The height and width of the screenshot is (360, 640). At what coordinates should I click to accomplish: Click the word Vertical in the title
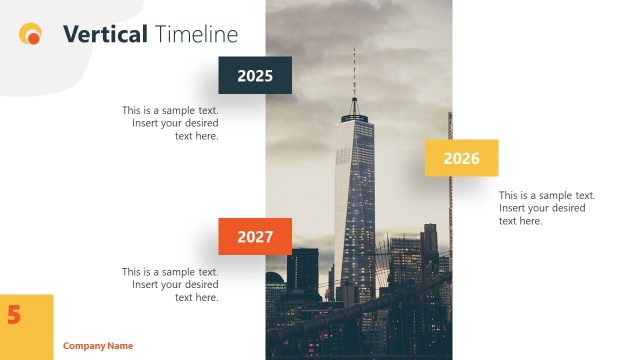(x=105, y=35)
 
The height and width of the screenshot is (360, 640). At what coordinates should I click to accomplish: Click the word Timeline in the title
(x=196, y=35)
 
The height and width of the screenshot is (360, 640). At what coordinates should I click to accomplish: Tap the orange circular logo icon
(x=31, y=35)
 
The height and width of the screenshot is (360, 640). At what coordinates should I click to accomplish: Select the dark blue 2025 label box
(x=255, y=75)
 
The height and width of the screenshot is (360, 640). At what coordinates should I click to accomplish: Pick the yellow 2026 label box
(x=461, y=158)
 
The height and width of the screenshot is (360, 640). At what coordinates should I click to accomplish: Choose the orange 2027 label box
(x=255, y=236)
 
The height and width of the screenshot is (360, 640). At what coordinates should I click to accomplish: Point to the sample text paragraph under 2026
(x=547, y=208)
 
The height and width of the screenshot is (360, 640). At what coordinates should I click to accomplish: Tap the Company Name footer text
(x=98, y=346)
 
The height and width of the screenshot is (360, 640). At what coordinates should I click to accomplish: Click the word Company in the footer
(x=84, y=346)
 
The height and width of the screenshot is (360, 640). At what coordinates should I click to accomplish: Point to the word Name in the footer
(x=120, y=346)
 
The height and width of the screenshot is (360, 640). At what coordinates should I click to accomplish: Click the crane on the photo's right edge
(x=449, y=200)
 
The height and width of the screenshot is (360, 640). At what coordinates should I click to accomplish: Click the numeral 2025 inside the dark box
(x=255, y=76)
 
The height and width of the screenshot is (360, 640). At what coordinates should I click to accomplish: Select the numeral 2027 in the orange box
(x=255, y=237)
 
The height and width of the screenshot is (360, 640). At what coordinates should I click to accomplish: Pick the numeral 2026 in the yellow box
(x=461, y=158)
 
